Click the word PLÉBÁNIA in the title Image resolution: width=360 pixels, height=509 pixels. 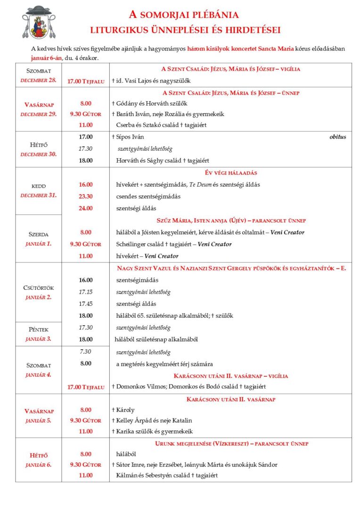point(216,15)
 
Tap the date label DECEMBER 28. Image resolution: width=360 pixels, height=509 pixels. point(38,80)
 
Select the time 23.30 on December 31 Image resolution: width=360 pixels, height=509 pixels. point(86,197)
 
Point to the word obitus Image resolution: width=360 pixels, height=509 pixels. point(337,137)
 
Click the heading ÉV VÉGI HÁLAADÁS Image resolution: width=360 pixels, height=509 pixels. point(230,173)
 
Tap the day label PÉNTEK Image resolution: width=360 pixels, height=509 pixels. point(38,329)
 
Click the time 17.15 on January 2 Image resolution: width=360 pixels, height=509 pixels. point(86,292)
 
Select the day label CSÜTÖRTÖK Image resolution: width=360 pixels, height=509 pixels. point(38,288)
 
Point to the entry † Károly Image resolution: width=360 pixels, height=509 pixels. point(123,410)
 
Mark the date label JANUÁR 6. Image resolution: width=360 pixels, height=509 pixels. point(38,465)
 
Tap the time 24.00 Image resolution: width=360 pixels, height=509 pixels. point(86,208)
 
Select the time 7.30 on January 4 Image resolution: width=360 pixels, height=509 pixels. point(86,352)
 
